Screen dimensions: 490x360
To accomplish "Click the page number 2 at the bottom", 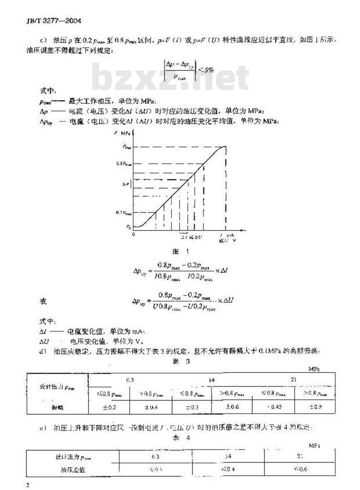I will coord(28,485).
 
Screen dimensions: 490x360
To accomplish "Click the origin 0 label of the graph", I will coord(134,234).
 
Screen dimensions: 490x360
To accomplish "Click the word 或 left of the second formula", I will coord(43,302).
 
